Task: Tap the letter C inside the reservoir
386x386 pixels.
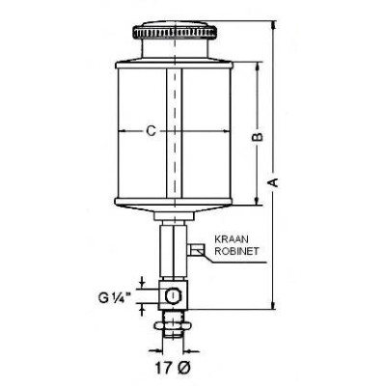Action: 150,130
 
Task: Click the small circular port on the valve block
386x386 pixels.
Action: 172,293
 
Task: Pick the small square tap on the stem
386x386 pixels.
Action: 196,252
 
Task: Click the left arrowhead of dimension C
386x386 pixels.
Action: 117,131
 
